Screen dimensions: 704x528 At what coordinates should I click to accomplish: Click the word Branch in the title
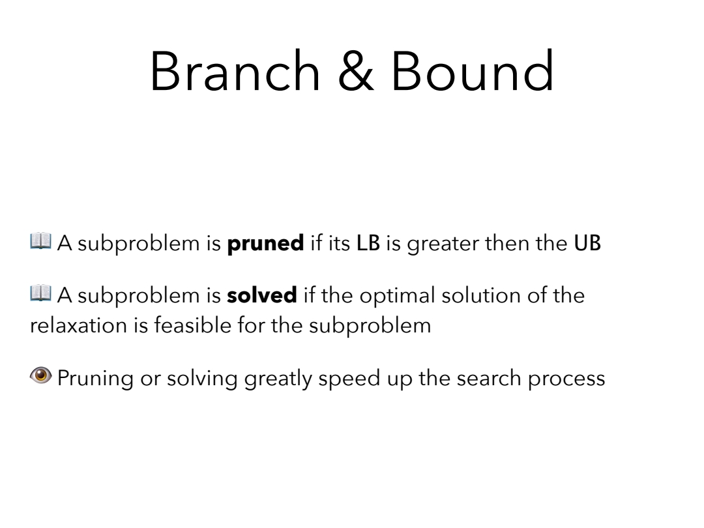235,71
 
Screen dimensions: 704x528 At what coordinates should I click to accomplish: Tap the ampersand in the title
356,71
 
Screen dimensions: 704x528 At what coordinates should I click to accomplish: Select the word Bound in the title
473,71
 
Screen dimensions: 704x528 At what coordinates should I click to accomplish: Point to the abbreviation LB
368,243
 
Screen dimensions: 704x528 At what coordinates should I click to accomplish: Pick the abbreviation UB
587,243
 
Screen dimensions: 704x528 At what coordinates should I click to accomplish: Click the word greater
443,244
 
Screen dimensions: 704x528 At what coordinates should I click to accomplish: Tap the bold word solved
262,295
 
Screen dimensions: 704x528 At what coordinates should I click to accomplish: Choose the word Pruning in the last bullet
95,379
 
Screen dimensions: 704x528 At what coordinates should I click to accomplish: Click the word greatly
278,379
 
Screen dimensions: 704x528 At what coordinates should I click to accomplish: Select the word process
566,380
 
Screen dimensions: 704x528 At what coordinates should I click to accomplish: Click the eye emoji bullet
41,375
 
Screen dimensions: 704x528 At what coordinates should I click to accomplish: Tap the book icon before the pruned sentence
41,241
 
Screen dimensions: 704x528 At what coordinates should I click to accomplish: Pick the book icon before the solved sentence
41,293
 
